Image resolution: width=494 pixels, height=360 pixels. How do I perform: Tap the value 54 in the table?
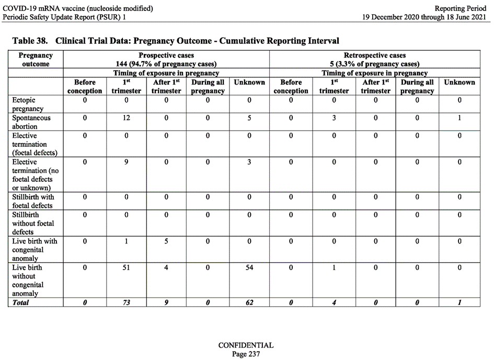249,268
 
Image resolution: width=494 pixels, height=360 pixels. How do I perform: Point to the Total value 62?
249,303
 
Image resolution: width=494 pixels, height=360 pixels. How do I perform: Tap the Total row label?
21,303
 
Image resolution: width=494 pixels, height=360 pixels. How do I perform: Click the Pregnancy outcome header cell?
36,59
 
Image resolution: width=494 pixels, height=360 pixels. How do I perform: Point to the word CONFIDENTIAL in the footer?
246,345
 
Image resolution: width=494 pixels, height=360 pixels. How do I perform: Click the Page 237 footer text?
246,354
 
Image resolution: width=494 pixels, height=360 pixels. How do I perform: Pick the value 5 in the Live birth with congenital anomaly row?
166,241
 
